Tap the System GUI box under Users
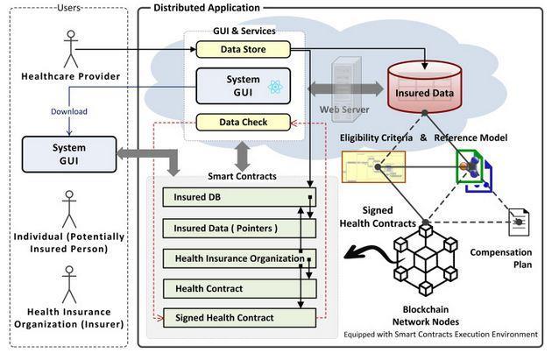click(x=69, y=153)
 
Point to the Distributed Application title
click(x=207, y=8)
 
